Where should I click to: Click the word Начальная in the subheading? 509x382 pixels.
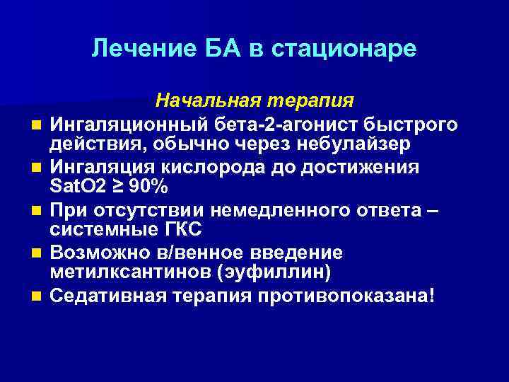[200, 99]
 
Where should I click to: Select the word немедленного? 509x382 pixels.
[291, 210]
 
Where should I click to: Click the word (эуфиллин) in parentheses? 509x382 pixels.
[248, 272]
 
